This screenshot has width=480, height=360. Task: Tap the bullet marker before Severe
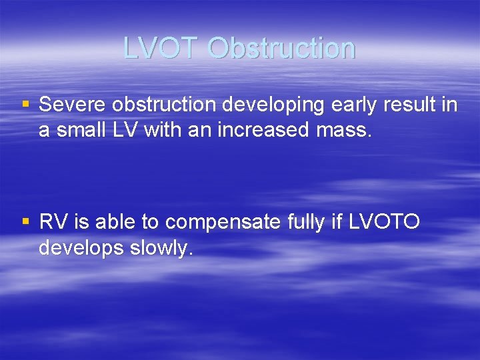coord(25,104)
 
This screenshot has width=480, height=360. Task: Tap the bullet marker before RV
coord(25,221)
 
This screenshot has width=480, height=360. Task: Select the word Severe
coord(73,105)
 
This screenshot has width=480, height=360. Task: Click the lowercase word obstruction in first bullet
coord(163,105)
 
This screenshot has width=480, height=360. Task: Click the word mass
coord(342,131)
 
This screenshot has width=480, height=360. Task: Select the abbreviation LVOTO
coord(383,221)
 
